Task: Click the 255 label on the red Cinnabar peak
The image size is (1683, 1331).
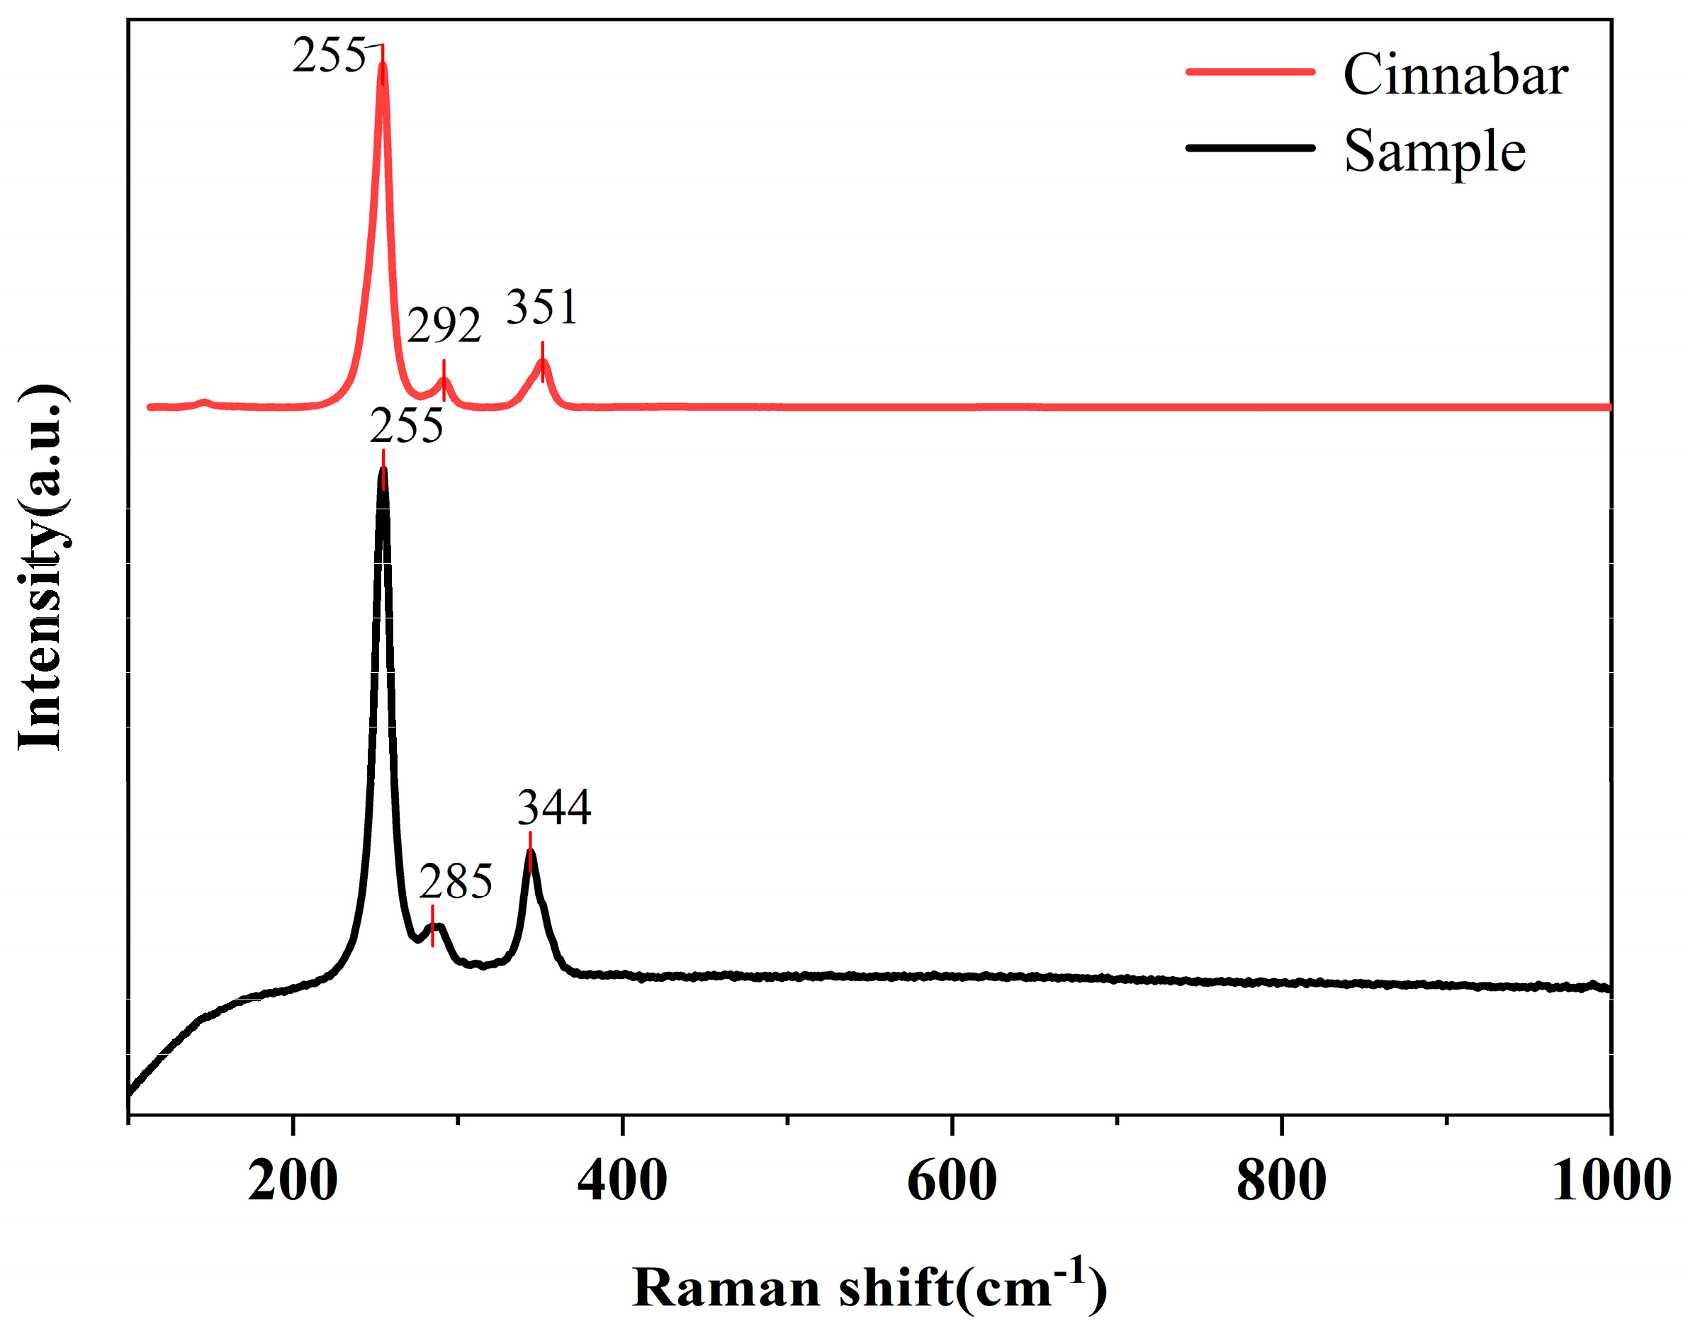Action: tap(328, 56)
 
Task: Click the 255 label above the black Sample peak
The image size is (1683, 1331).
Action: tap(406, 426)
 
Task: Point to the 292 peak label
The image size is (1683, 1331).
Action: tap(444, 326)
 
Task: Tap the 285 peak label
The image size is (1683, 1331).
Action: tap(456, 881)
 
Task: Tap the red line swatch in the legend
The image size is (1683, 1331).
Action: tap(1249, 72)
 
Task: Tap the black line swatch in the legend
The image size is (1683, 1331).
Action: tap(1249, 147)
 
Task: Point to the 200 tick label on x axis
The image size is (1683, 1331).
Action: tap(293, 1181)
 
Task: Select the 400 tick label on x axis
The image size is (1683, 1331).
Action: tap(622, 1181)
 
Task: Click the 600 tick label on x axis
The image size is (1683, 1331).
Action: tap(952, 1181)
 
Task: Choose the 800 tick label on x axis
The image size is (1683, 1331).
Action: tap(1280, 1181)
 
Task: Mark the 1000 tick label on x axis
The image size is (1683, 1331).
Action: tap(1611, 1181)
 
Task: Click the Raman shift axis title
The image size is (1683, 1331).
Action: tap(869, 1286)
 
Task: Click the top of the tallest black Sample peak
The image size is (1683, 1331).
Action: tap(383, 470)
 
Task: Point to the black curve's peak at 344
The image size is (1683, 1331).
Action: tap(531, 851)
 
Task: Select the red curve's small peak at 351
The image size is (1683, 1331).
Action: tap(544, 363)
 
